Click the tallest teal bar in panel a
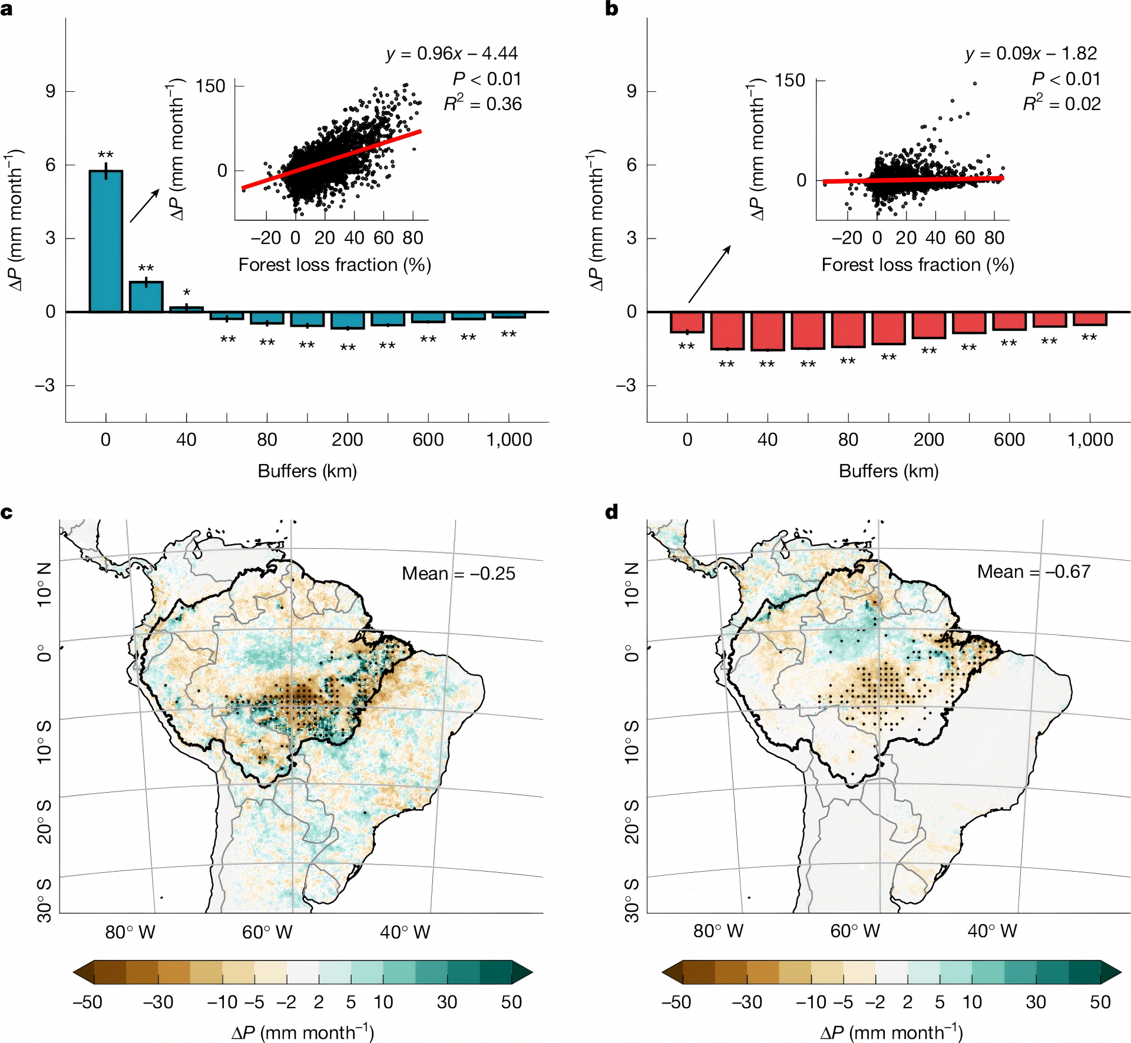pyautogui.click(x=106, y=241)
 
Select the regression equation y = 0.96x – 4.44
pyautogui.click(x=452, y=54)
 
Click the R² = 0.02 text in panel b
pyautogui.click(x=1061, y=104)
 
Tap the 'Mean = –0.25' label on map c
pyautogui.click(x=458, y=574)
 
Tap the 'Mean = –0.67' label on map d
pyautogui.click(x=1034, y=572)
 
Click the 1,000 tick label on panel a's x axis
pyautogui.click(x=509, y=440)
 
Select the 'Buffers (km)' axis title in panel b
pyautogui.click(x=888, y=471)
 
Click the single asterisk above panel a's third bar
pyautogui.click(x=187, y=293)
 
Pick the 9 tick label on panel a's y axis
pyautogui.click(x=51, y=91)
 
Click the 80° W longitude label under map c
pyautogui.click(x=130, y=932)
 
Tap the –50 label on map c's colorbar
pyautogui.click(x=87, y=1002)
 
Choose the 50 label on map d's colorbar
pyautogui.click(x=1100, y=1002)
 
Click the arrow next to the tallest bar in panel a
pyautogui.click(x=144, y=206)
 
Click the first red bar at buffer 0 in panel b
pyautogui.click(x=687, y=322)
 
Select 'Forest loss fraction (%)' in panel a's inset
pyautogui.click(x=335, y=265)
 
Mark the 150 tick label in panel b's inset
pyautogui.click(x=789, y=81)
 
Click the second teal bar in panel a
pyautogui.click(x=146, y=297)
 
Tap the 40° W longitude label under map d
pyautogui.click(x=992, y=931)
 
